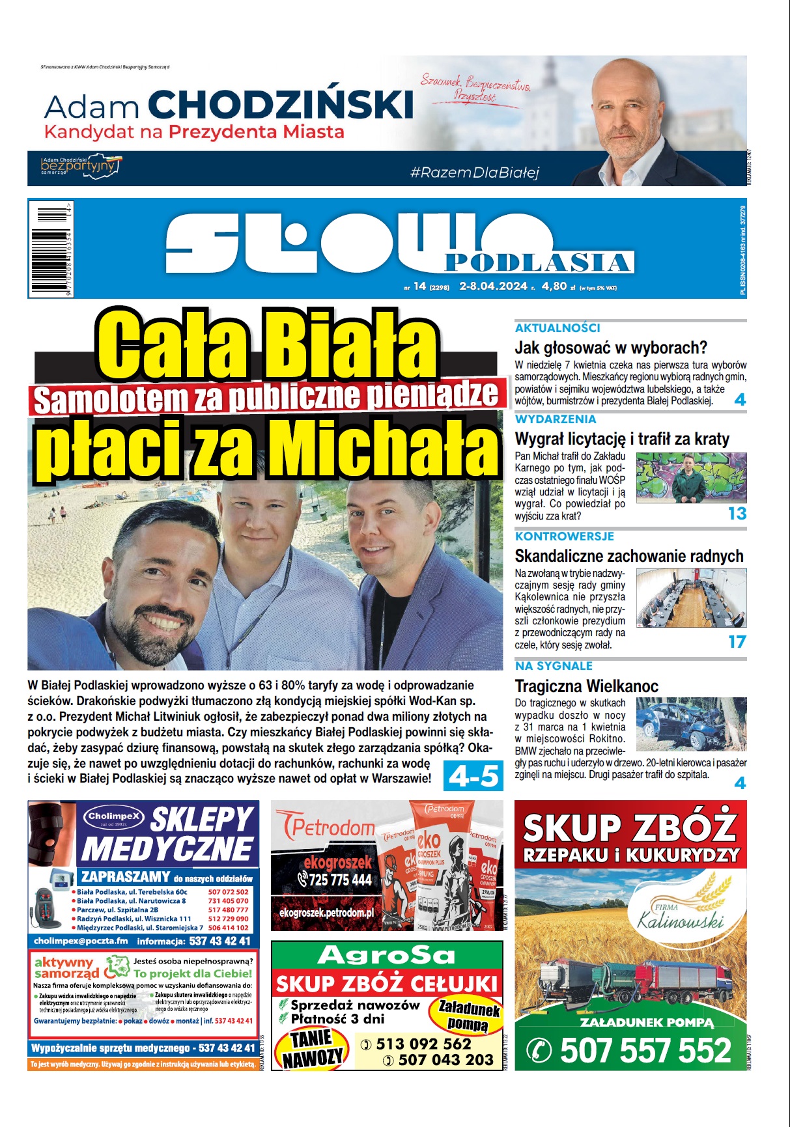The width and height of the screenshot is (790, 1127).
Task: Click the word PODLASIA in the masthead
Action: pos(539,262)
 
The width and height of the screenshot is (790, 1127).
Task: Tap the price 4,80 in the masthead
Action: pos(554,286)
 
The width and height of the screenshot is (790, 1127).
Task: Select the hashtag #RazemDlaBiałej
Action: pos(474,173)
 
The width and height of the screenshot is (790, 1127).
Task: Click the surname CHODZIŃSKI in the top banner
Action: pos(281,105)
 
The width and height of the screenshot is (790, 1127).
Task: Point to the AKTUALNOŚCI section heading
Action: pos(557,328)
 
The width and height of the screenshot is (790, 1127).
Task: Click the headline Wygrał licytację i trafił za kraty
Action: pos(622,439)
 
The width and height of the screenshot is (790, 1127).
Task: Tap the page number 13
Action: pos(737,514)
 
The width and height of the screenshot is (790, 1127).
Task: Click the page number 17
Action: pos(737,642)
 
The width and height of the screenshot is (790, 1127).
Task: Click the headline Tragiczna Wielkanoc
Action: pos(586,686)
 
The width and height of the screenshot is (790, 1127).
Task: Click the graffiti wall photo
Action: pos(691,478)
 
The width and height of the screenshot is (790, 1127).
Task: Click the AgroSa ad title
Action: pos(386,955)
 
